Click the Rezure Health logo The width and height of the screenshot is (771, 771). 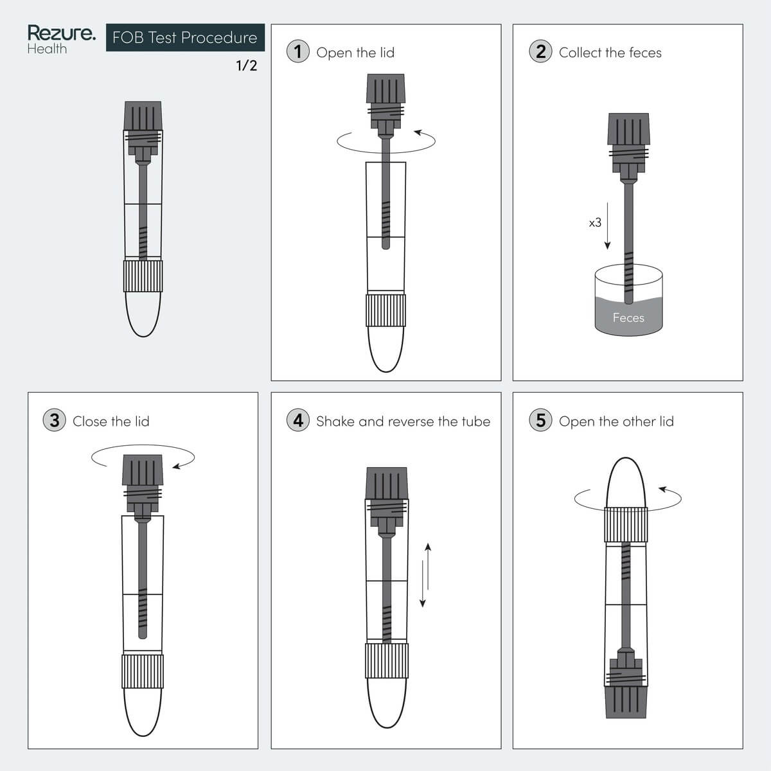(x=62, y=39)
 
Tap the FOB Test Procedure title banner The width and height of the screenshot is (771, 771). (x=185, y=38)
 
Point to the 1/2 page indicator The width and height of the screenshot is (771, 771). (x=247, y=66)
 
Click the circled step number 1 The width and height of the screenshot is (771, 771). (x=298, y=51)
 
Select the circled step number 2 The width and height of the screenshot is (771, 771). (x=540, y=51)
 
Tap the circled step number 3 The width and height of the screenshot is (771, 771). (x=55, y=420)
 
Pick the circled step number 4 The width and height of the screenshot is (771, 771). (x=298, y=420)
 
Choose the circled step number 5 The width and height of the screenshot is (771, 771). (x=540, y=420)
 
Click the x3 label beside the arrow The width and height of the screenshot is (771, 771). (x=595, y=222)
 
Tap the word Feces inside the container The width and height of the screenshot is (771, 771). (x=628, y=317)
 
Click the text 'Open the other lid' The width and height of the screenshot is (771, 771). (x=616, y=421)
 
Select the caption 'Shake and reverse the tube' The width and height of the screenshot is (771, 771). (x=403, y=421)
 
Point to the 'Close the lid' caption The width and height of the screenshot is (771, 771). (x=111, y=421)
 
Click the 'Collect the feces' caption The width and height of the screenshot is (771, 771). (x=610, y=53)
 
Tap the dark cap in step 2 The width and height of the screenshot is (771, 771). (x=628, y=129)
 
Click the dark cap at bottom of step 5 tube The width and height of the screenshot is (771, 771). (x=626, y=703)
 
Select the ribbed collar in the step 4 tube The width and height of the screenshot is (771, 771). (x=387, y=661)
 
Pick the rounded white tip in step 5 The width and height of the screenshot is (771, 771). (x=626, y=483)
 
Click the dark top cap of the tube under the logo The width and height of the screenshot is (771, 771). (x=143, y=116)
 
